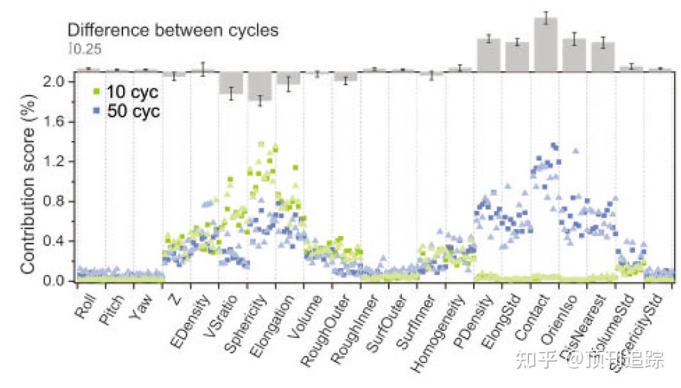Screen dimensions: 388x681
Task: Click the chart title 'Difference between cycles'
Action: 173,30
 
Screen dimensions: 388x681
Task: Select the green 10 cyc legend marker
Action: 96,91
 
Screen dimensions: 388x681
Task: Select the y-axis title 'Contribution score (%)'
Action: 29,181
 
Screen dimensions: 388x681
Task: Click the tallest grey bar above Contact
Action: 546,44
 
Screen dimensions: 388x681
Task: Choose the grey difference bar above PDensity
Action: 489,55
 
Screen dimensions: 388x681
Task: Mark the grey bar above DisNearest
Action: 603,56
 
